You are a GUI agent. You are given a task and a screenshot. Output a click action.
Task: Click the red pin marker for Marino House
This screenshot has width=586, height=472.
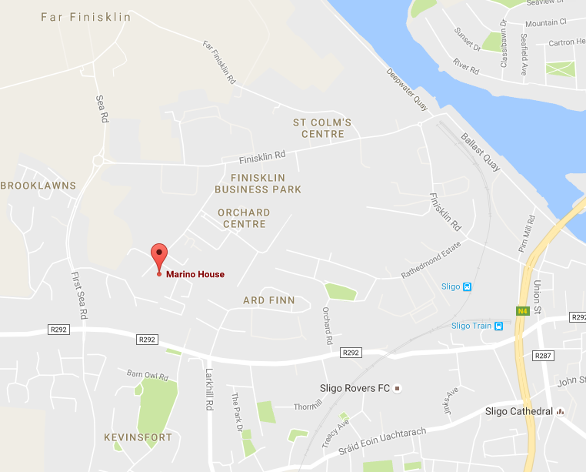158,256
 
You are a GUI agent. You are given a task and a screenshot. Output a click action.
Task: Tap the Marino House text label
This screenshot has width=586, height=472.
195,274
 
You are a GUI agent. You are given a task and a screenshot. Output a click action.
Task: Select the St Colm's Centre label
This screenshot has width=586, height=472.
322,128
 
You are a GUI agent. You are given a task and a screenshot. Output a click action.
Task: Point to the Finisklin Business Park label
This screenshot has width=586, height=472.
258,183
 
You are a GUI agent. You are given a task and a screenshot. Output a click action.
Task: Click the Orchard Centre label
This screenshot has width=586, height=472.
244,218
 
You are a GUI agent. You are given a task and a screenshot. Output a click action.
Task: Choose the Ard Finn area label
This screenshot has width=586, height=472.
268,300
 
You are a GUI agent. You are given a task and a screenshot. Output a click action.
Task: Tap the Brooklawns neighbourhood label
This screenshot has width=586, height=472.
38,186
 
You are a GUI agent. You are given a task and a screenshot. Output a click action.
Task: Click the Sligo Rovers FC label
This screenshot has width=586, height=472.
355,388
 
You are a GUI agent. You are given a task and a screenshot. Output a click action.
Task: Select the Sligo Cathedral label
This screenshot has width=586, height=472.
519,411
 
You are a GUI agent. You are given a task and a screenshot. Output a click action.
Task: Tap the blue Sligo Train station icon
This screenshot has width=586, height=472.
499,326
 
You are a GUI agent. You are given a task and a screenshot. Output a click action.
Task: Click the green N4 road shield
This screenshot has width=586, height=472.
522,311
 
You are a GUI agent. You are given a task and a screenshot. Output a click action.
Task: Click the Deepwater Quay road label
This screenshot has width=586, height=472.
407,89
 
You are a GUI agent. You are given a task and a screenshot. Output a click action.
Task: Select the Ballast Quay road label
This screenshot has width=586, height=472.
481,152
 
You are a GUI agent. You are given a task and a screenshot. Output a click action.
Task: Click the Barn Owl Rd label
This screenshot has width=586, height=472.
147,376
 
